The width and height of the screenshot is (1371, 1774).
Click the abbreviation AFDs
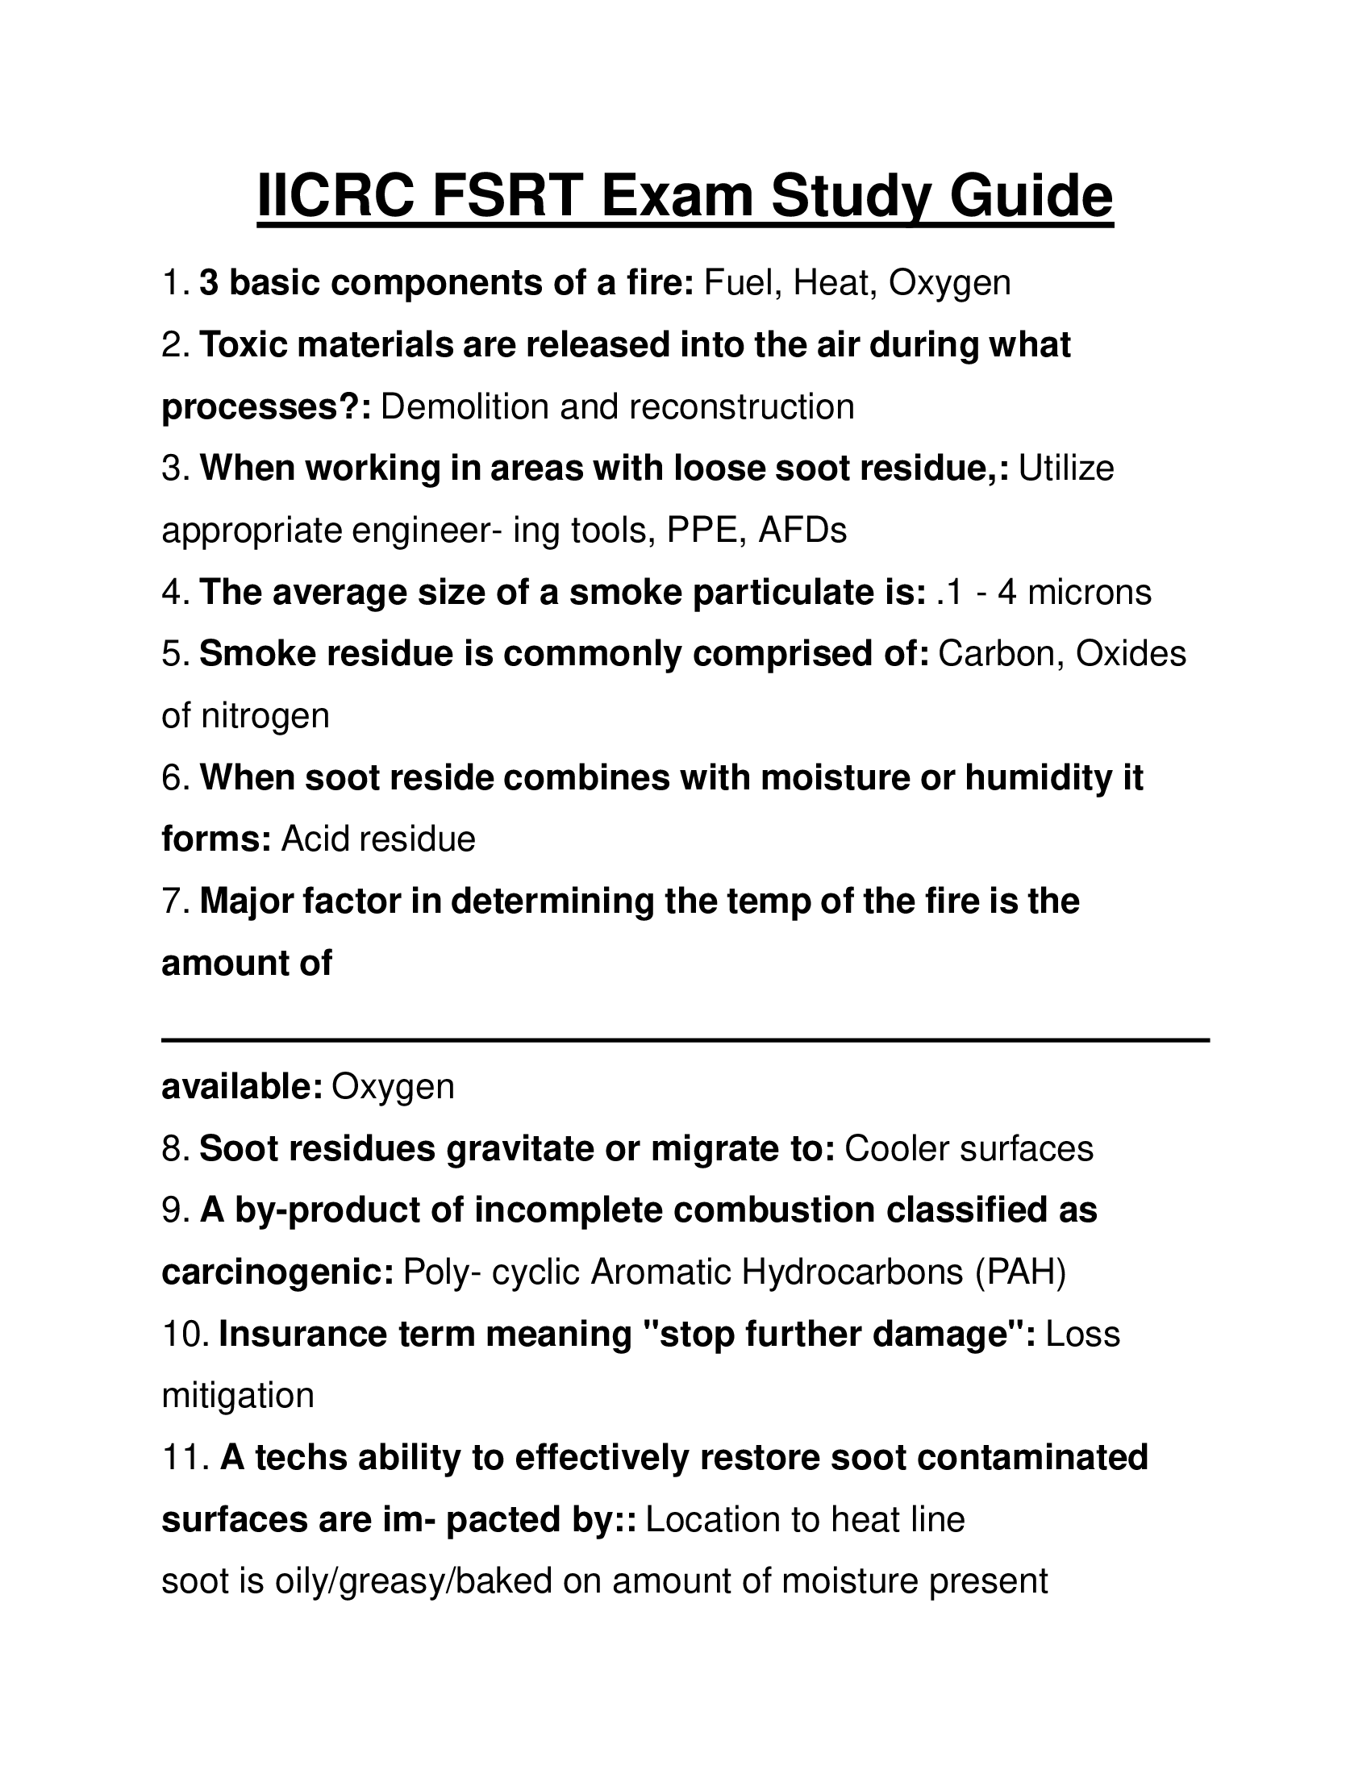click(802, 531)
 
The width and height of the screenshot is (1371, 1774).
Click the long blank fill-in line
click(685, 1039)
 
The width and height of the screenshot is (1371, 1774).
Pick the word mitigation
click(238, 1396)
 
